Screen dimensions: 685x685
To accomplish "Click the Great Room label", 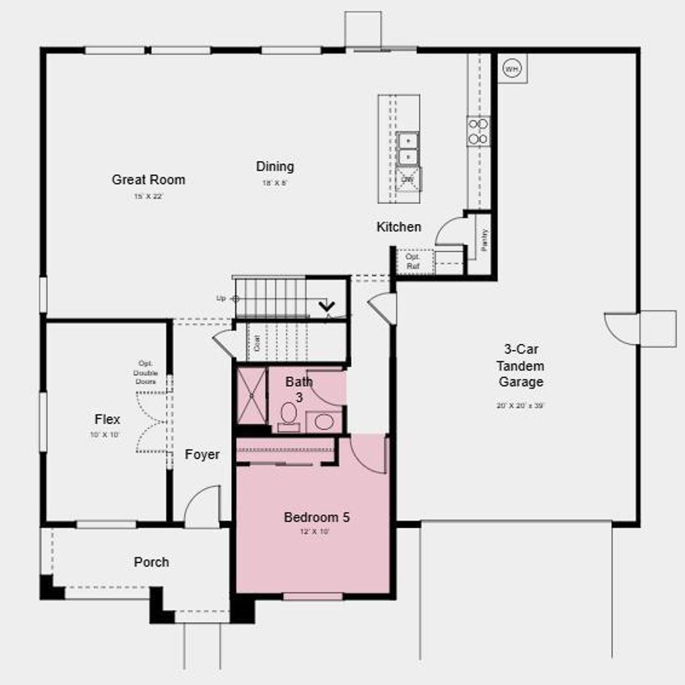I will [x=149, y=179].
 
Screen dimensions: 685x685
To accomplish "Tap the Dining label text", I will [x=275, y=167].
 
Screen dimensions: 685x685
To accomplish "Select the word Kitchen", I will [x=399, y=227].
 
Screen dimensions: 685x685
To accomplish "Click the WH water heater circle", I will [x=512, y=68].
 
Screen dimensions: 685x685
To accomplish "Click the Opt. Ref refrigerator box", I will [x=413, y=261].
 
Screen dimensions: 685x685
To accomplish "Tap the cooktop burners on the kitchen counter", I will [x=478, y=131].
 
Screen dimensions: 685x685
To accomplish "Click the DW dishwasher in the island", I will [x=408, y=179].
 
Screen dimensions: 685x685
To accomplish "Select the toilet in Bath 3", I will [x=289, y=415].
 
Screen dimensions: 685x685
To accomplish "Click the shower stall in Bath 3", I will [x=252, y=396].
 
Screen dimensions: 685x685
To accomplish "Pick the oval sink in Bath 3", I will [x=324, y=422].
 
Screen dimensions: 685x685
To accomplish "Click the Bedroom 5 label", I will [x=316, y=517].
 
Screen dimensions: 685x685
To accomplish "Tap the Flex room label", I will [x=107, y=419].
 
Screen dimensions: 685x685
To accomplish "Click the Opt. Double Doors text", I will [x=145, y=373].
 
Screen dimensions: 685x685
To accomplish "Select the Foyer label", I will [x=202, y=455].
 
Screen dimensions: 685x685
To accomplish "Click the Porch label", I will [x=151, y=562].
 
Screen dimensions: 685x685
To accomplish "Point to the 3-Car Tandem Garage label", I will [x=520, y=366].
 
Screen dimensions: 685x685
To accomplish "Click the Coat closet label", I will [x=257, y=343].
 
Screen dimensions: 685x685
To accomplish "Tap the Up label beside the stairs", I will [x=221, y=298].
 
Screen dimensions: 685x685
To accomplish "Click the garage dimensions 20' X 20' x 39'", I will [x=520, y=405].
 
